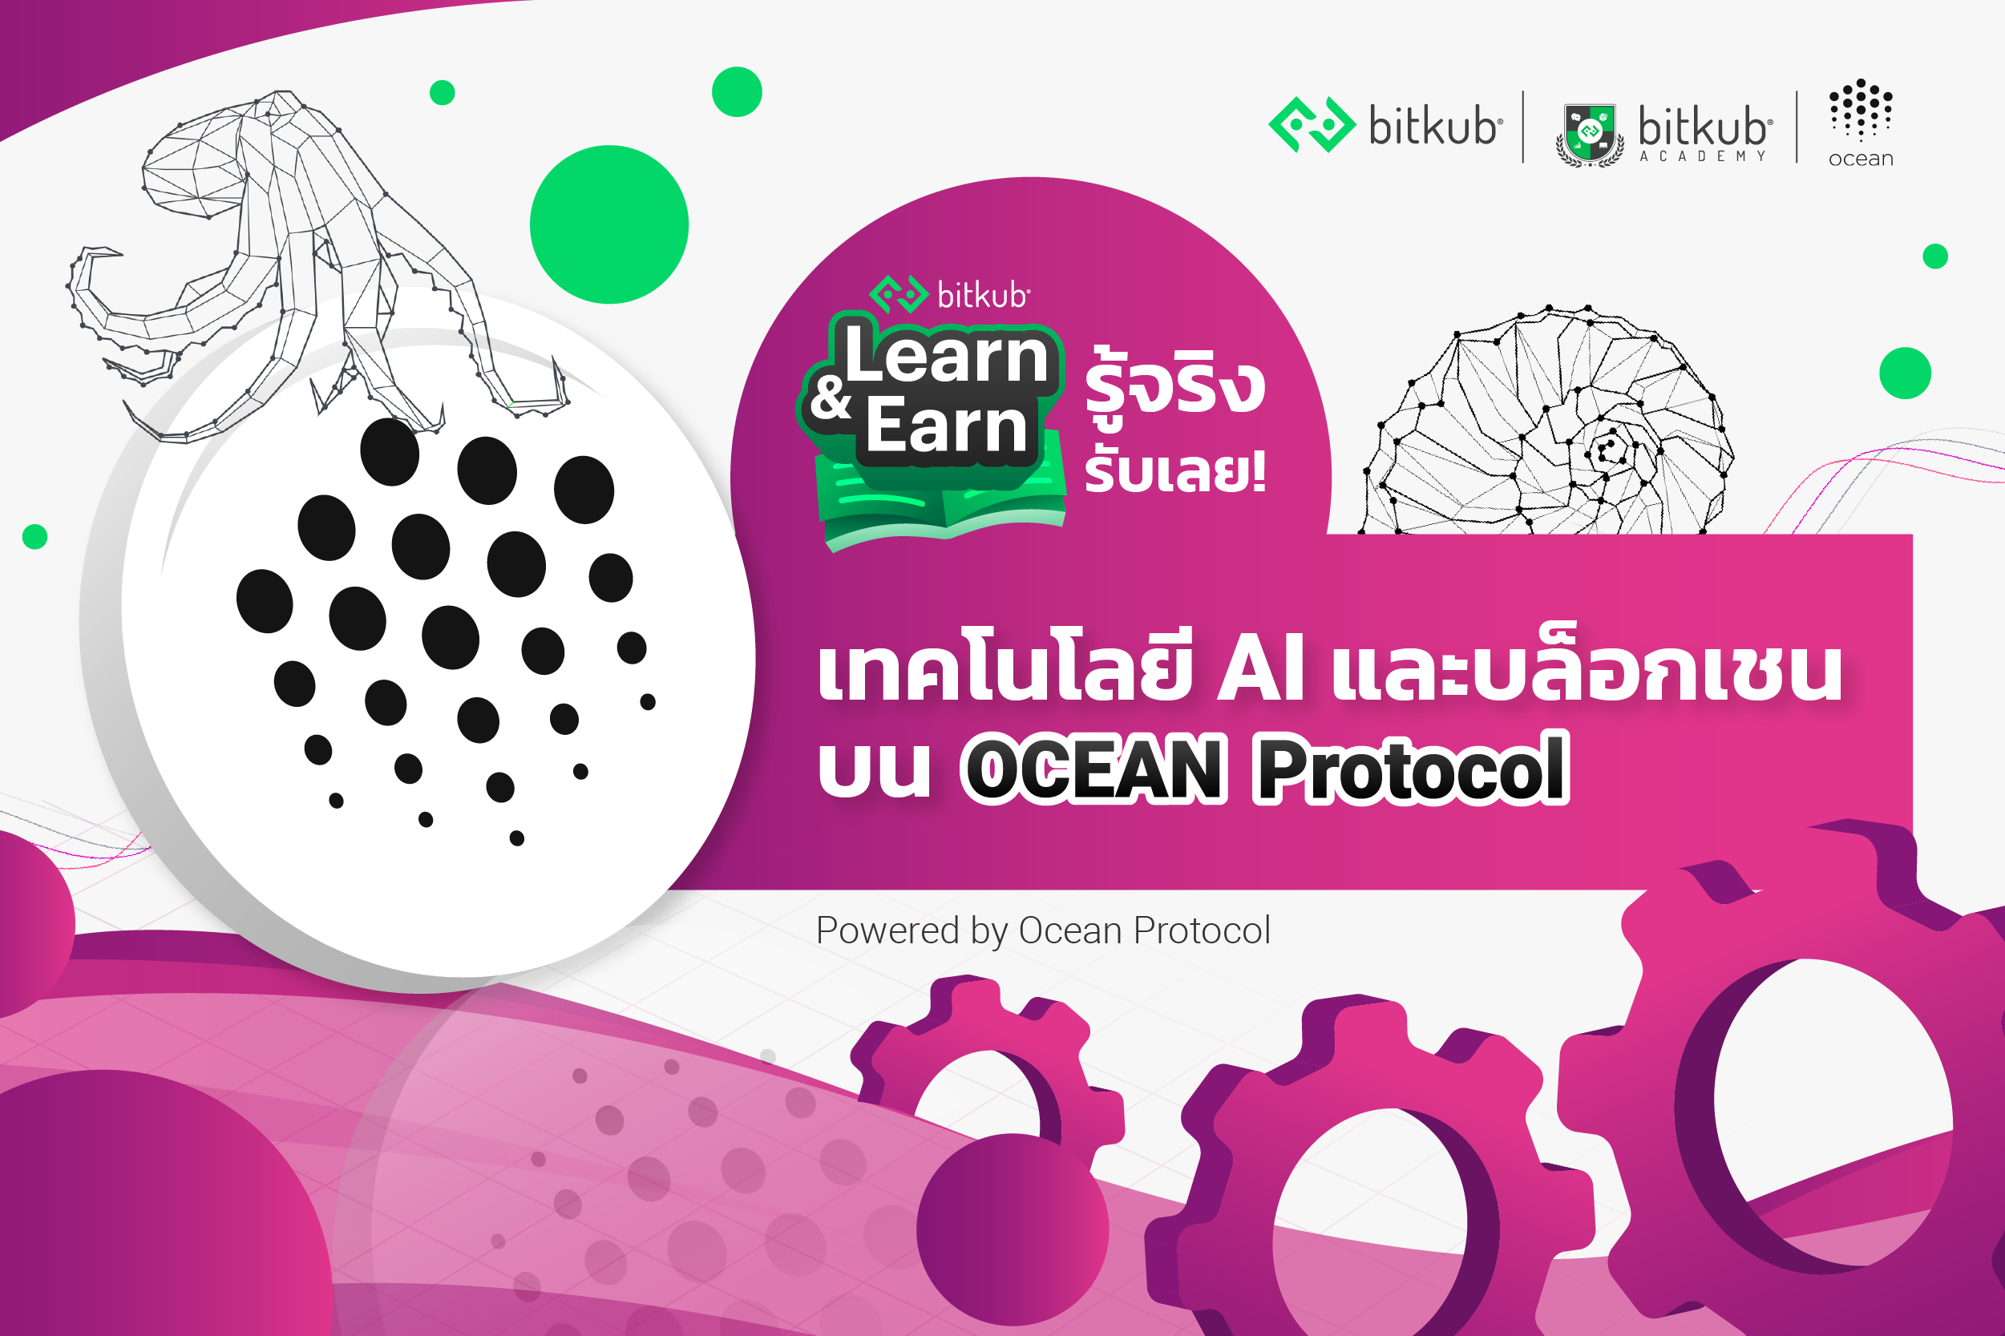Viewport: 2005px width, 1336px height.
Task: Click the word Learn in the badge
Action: coord(946,357)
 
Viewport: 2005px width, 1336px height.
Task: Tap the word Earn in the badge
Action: coord(946,426)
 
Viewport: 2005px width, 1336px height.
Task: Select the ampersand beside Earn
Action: coord(830,397)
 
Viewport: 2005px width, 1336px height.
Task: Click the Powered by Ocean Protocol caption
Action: coord(1043,930)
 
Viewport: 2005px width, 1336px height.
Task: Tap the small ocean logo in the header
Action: coord(1860,123)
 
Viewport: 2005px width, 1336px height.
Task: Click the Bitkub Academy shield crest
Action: coord(1589,135)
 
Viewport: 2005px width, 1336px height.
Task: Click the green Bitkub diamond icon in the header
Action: coord(1312,125)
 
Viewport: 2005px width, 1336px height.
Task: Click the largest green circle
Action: coord(608,224)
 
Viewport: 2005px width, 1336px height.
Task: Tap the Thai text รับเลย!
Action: coord(1174,471)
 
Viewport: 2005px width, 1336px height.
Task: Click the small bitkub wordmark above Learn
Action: coord(983,296)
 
